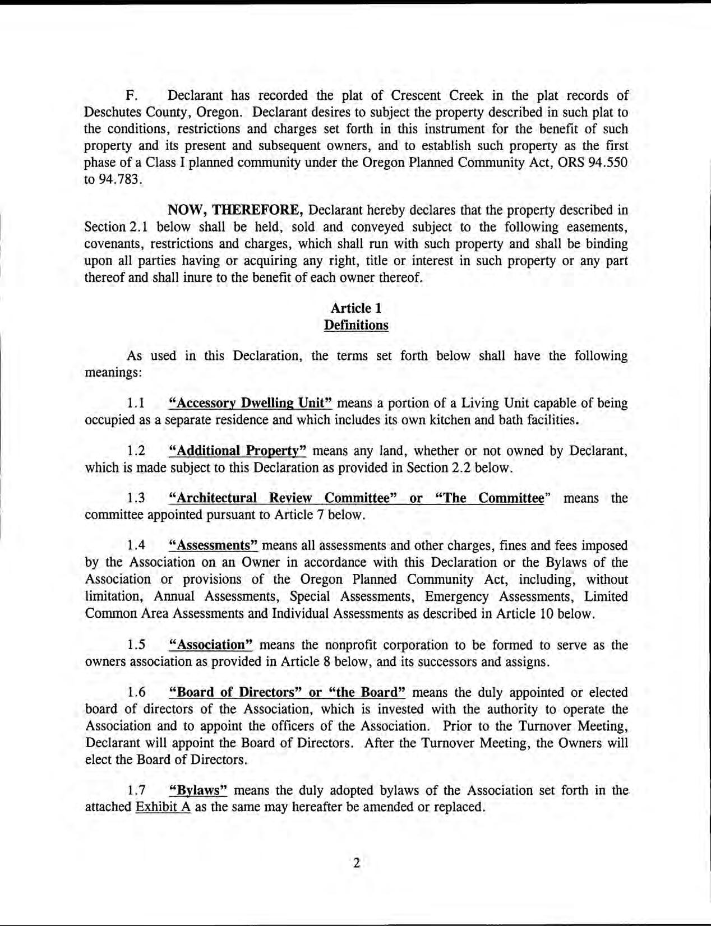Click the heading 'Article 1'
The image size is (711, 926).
[356, 308]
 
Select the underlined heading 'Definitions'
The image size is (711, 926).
[356, 326]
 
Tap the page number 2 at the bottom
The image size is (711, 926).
[357, 863]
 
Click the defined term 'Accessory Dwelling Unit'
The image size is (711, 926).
[251, 404]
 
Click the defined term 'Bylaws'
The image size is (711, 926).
[198, 791]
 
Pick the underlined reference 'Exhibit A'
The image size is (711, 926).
[164, 808]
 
